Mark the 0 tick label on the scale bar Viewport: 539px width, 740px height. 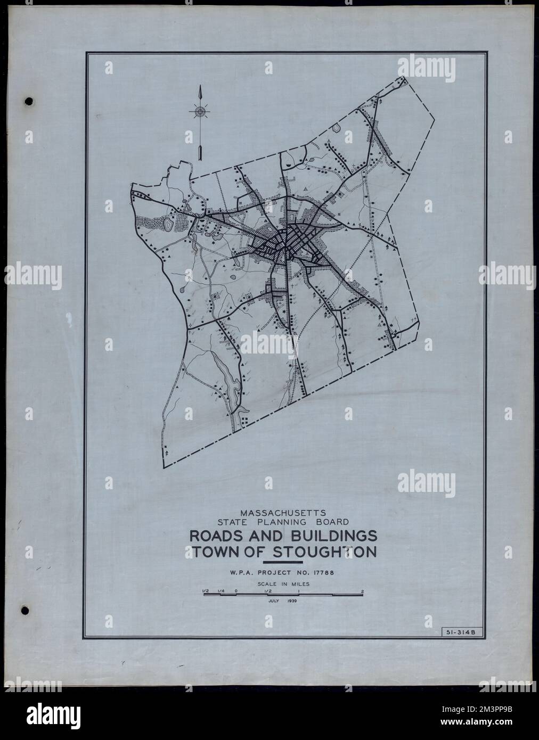[x=235, y=590]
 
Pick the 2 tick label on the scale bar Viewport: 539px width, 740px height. [x=362, y=590]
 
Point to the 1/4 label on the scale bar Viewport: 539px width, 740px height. [x=220, y=590]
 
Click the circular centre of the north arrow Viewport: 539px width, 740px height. [x=200, y=112]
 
